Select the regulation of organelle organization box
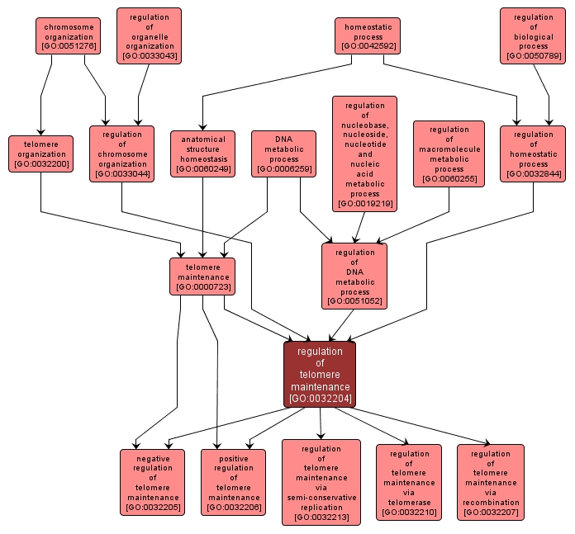pos(149,36)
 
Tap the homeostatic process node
pos(368,36)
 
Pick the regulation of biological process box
pos(533,36)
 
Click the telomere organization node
pos(41,154)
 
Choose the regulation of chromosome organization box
pos(121,154)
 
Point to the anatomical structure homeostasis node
pos(202,154)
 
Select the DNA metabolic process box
pos(283,154)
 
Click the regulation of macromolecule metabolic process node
pos(449,154)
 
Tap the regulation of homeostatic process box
pos(533,154)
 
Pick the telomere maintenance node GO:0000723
pos(202,276)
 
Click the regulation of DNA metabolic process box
pos(354,276)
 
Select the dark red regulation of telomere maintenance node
pos(320,375)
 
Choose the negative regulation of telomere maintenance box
pos(152,482)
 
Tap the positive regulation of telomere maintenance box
pos(233,482)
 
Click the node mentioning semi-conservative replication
pos(321,482)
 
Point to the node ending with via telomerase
pos(409,482)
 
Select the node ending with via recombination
pos(491,482)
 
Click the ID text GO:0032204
pos(320,399)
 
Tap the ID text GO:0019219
pos(364,203)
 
